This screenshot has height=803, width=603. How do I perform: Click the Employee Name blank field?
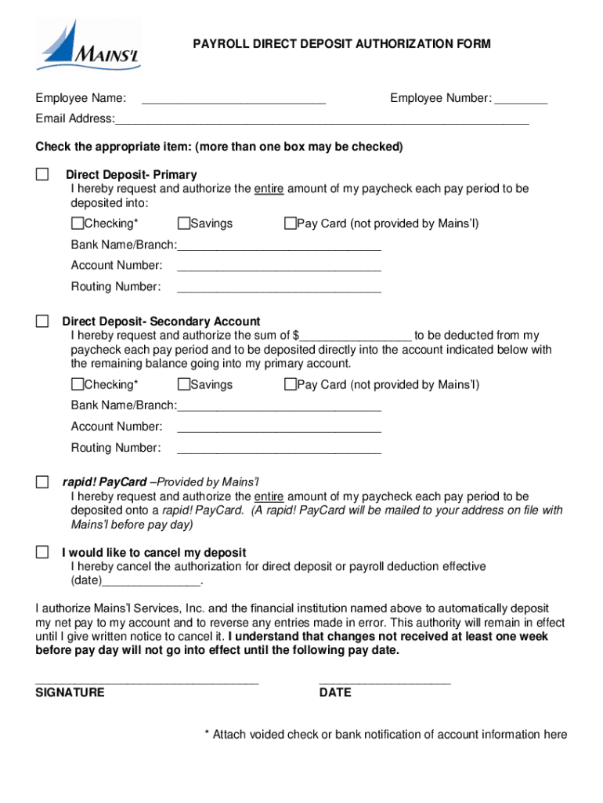(233, 100)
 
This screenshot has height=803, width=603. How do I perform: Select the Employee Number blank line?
(521, 100)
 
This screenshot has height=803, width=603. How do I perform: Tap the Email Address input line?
(321, 120)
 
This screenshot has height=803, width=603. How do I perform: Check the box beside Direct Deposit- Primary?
(42, 174)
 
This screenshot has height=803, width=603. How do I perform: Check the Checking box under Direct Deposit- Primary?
(78, 223)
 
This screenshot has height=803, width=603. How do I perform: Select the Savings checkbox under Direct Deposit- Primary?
(184, 223)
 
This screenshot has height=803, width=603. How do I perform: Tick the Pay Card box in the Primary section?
(290, 223)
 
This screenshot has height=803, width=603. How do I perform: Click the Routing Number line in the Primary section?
(279, 288)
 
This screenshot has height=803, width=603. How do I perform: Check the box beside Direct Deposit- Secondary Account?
(42, 322)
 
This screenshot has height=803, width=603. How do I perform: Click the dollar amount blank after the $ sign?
(356, 336)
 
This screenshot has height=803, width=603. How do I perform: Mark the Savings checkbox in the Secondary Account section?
(184, 384)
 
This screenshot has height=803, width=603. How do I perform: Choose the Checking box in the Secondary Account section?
(78, 384)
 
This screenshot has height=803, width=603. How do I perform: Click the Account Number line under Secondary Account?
(279, 427)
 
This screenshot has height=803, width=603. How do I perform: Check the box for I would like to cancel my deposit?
(42, 552)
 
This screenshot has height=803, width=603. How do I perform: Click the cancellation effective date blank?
(152, 582)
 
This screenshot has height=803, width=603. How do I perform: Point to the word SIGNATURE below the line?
(70, 692)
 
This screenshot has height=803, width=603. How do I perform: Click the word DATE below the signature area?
(335, 692)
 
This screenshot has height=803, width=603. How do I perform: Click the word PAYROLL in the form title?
(220, 44)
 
